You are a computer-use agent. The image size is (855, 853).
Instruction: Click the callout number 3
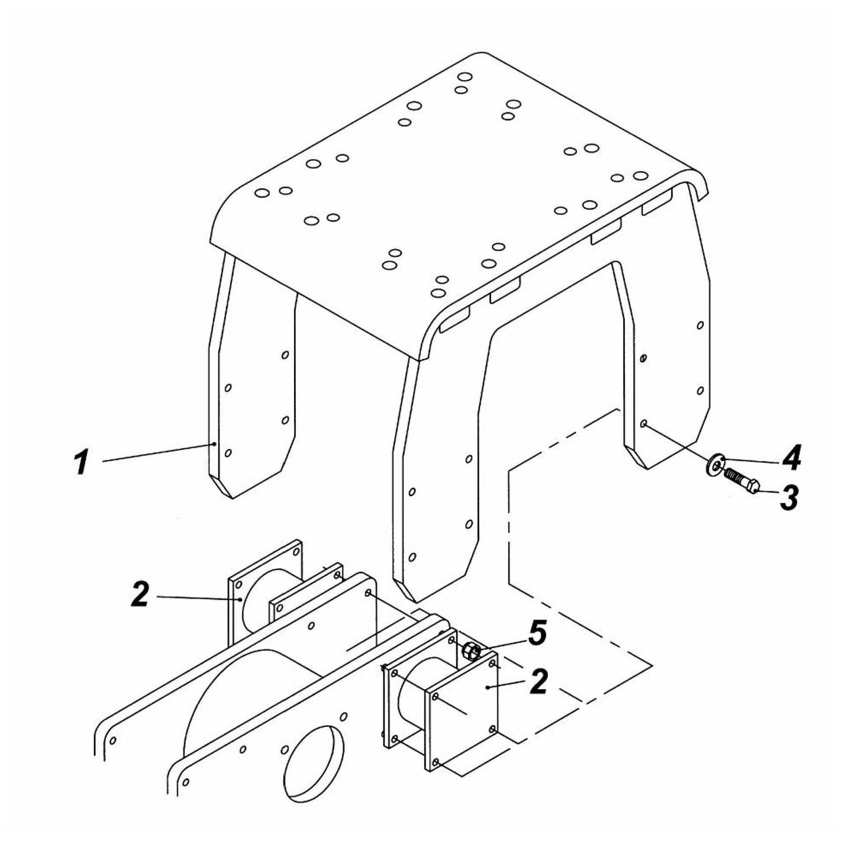point(788,497)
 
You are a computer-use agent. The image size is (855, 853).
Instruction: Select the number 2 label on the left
point(140,595)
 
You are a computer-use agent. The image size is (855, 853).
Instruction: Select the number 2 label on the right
point(538,683)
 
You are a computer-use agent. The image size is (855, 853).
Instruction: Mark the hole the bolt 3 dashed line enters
point(644,424)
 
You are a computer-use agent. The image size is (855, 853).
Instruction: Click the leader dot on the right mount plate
point(486,688)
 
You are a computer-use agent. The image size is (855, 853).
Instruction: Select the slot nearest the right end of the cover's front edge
point(657,204)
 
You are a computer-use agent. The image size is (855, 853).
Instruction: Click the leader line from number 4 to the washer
point(746,460)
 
